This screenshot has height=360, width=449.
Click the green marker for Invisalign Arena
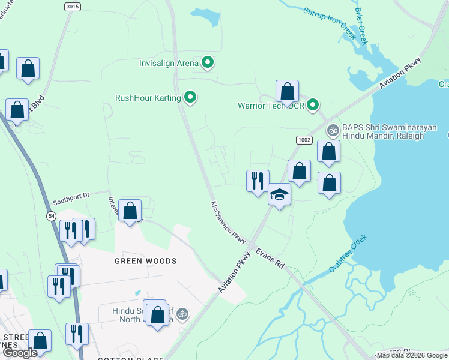point(208,62)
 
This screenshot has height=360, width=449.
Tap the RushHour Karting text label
point(147,97)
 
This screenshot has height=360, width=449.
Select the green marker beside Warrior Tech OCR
point(313,106)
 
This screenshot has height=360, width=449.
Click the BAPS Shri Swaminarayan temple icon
point(332,130)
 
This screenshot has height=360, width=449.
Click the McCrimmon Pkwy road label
point(229,222)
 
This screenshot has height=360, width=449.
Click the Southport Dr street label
point(70,195)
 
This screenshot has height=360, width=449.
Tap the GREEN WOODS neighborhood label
point(146,261)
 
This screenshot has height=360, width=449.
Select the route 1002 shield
point(304,139)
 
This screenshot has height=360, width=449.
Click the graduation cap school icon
point(279,194)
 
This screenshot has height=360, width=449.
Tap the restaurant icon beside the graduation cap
point(258,181)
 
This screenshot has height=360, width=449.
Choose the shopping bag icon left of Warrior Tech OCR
point(288,92)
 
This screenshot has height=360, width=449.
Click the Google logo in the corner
point(20,353)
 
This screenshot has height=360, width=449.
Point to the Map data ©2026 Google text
point(412,355)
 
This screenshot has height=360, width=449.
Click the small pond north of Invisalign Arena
point(206,19)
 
